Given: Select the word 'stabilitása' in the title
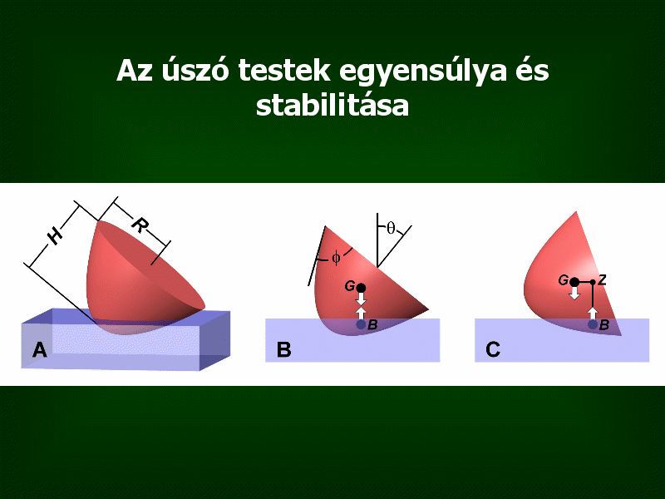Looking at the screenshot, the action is pyautogui.click(x=332, y=106).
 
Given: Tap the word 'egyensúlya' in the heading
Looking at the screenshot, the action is pyautogui.click(x=423, y=72).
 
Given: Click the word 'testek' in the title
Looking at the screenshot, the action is pyautogui.click(x=284, y=71).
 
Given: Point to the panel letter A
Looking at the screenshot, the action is pyautogui.click(x=39, y=350).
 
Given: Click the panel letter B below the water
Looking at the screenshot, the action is pyautogui.click(x=283, y=350).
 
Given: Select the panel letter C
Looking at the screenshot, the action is pyautogui.click(x=493, y=350).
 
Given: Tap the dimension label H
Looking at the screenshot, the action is pyautogui.click(x=56, y=235).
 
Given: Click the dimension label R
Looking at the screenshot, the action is pyautogui.click(x=140, y=225).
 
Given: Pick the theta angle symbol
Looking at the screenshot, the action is pyautogui.click(x=391, y=228).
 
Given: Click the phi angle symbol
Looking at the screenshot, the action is pyautogui.click(x=336, y=258).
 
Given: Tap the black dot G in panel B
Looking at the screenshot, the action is pyautogui.click(x=361, y=288).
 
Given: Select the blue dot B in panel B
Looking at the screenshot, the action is pyautogui.click(x=361, y=324).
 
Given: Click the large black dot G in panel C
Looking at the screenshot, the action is pyautogui.click(x=574, y=282).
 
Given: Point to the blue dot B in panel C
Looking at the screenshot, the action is pyautogui.click(x=593, y=324).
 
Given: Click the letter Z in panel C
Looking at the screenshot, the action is pyautogui.click(x=602, y=279).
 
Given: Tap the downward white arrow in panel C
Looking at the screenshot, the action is pyautogui.click(x=574, y=293).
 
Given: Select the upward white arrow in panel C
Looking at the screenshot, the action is pyautogui.click(x=593, y=314).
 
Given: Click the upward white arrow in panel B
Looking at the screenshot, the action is pyautogui.click(x=361, y=314).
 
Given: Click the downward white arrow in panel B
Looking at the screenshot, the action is pyautogui.click(x=361, y=299).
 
